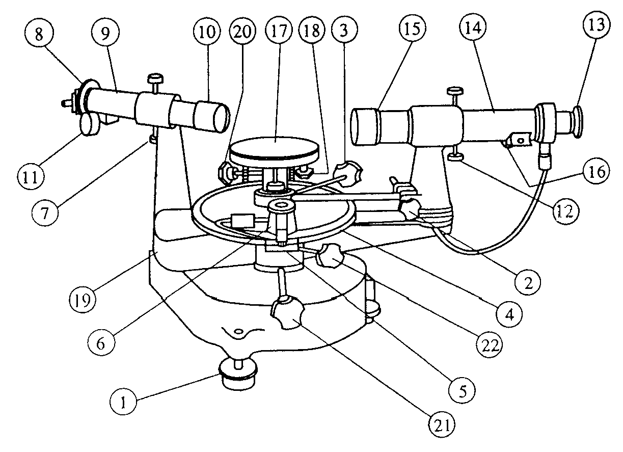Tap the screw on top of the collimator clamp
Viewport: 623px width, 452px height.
point(154,79)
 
